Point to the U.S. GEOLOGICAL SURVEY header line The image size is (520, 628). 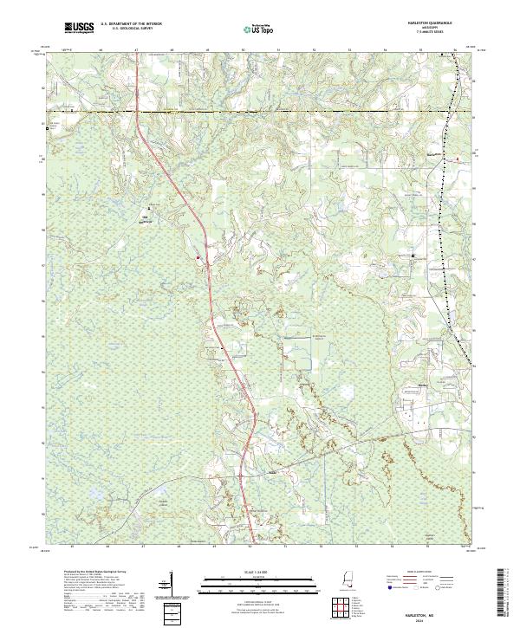(x=127, y=29)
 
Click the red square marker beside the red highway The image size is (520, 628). (x=198, y=256)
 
